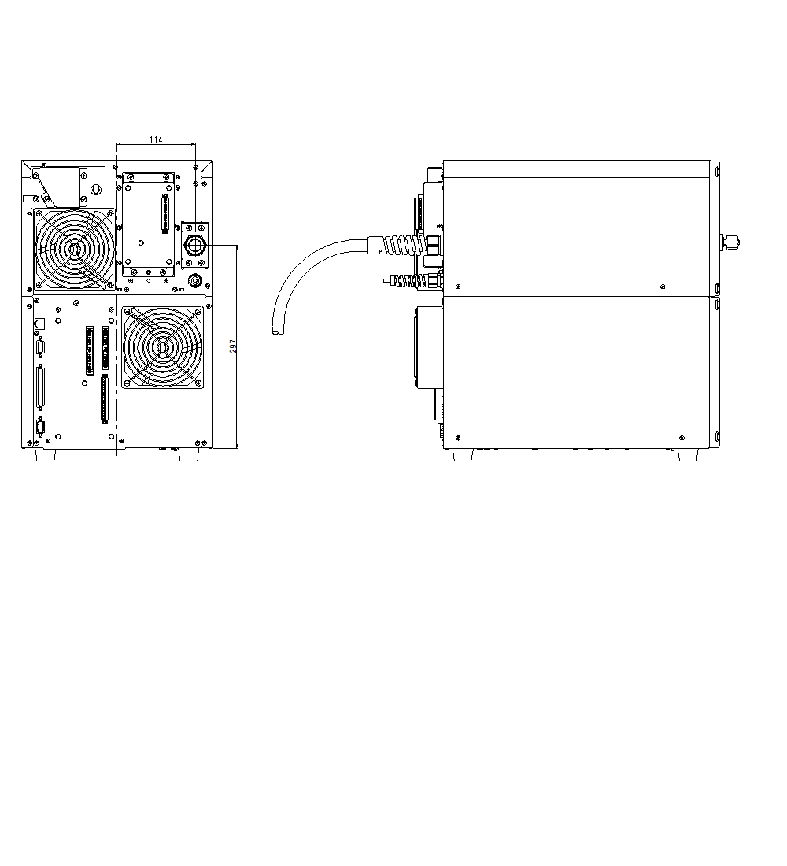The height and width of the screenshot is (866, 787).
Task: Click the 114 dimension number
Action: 156,139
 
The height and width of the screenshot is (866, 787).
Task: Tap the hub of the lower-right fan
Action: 162,346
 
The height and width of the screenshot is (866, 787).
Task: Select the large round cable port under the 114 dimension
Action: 194,245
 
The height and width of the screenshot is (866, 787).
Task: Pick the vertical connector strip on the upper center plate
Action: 164,214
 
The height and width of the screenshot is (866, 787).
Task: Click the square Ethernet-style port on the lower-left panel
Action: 40,323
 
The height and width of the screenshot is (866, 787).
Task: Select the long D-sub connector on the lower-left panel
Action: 41,387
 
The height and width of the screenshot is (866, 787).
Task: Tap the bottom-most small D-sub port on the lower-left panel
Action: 40,428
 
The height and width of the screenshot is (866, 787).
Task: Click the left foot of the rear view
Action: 44,454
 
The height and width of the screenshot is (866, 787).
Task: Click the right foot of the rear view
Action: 188,454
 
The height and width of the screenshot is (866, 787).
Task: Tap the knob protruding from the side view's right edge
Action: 731,241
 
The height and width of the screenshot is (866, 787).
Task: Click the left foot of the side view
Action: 463,454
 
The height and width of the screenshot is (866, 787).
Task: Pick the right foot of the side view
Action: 688,454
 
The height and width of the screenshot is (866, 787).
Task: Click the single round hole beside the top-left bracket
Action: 96,191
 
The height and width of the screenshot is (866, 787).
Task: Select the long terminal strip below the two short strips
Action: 104,399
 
